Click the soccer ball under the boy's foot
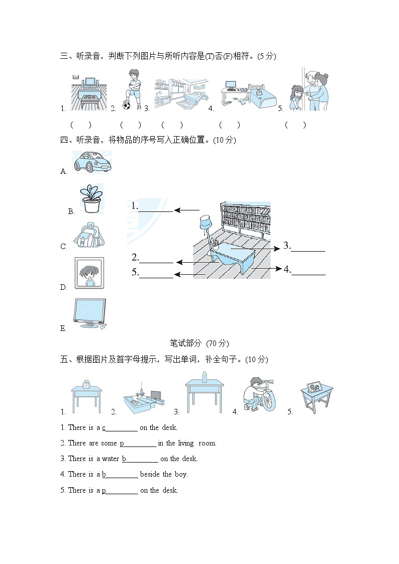click(x=126, y=106)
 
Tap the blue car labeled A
click(x=93, y=162)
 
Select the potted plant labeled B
click(x=91, y=198)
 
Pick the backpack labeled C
click(x=89, y=235)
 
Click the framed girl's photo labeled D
click(x=89, y=273)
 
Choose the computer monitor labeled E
click(x=89, y=313)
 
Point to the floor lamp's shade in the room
click(x=205, y=221)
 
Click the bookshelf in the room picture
click(x=245, y=220)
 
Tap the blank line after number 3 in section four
click(x=308, y=251)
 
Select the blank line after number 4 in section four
click(x=309, y=275)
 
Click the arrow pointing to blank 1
click(x=187, y=210)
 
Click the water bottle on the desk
click(x=205, y=377)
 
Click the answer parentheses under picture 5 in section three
click(x=295, y=125)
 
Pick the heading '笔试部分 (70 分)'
click(x=199, y=343)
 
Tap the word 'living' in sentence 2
click(x=185, y=443)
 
